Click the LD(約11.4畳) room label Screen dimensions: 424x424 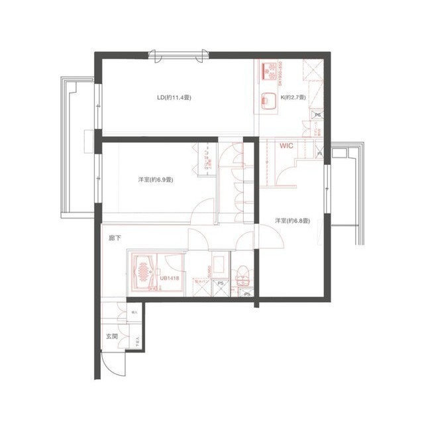(x=174, y=98)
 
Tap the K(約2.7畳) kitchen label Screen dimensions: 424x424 (x=293, y=98)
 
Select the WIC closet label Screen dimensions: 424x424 (x=286, y=145)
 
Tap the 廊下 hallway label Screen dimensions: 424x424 (x=115, y=237)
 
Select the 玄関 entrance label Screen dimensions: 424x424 (x=111, y=337)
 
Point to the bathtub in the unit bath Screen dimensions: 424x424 (x=142, y=272)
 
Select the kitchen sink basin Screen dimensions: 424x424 (x=268, y=100)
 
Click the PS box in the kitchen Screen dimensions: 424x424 (x=317, y=115)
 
